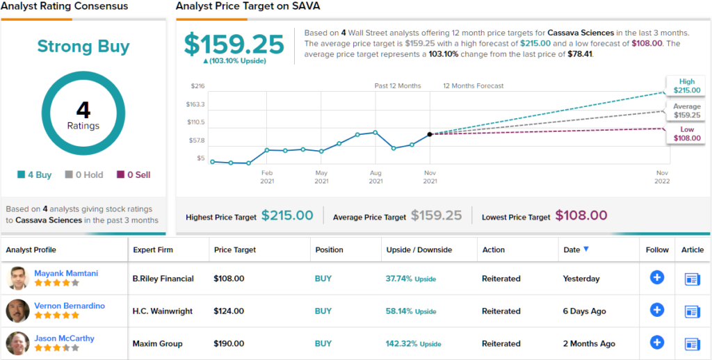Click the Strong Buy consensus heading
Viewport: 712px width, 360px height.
[83, 47]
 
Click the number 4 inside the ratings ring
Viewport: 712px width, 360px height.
[83, 110]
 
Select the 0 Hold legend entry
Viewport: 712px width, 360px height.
[84, 175]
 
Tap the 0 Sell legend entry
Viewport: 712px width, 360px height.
[133, 175]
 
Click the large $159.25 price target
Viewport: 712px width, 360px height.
[234, 44]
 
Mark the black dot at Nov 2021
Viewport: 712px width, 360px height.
[430, 134]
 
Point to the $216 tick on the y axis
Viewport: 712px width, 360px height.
[197, 86]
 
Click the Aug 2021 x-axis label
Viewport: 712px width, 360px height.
[375, 177]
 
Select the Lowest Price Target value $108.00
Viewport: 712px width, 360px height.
[581, 216]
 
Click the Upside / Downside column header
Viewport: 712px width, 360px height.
[419, 249]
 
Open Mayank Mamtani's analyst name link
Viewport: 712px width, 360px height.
[66, 273]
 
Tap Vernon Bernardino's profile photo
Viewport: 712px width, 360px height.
[17, 311]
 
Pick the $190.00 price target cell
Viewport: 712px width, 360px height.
[229, 343]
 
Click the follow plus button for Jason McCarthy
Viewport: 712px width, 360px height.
[657, 342]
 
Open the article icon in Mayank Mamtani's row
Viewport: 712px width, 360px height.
[692, 279]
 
